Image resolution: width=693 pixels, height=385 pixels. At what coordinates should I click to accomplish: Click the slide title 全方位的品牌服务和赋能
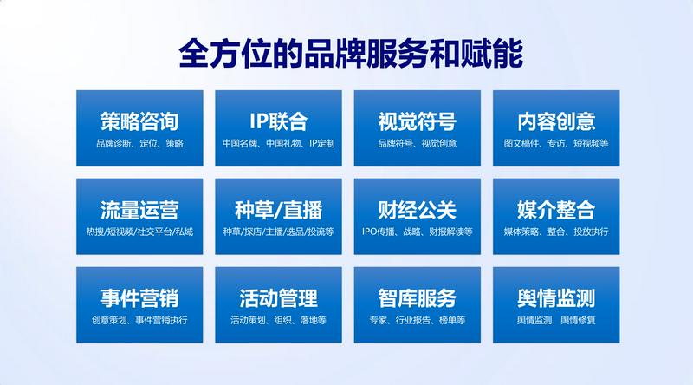point(351,54)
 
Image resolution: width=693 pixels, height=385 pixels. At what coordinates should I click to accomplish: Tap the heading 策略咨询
point(139,121)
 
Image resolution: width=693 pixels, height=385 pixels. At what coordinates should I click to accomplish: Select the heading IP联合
point(278,121)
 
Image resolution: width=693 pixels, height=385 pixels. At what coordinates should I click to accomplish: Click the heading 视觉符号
point(418,121)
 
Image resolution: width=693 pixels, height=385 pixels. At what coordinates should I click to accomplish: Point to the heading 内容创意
point(556,121)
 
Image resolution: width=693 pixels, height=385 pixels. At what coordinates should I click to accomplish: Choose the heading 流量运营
point(139,210)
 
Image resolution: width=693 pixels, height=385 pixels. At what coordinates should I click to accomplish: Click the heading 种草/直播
point(278,210)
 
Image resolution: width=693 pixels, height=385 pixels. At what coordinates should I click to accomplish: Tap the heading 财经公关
point(418,210)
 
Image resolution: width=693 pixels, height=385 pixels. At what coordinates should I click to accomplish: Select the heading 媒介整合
point(556,210)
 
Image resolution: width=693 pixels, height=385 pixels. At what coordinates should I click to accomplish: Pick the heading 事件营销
point(139,297)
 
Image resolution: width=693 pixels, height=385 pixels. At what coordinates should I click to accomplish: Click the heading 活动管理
point(278,297)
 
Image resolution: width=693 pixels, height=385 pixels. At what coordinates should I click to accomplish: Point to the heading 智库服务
point(418,297)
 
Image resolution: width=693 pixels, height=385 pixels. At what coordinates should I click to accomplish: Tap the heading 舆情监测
point(556,297)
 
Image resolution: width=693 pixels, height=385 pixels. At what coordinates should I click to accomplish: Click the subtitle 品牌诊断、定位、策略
point(139,143)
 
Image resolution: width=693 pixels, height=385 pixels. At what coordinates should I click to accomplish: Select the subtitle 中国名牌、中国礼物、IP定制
point(278,143)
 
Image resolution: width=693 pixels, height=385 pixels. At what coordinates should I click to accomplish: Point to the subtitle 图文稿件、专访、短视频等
point(556,143)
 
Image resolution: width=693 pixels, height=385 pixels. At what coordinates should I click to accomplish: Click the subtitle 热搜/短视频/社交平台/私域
point(139,232)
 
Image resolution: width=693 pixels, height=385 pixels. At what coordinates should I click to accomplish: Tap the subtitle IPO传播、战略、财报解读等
point(418,232)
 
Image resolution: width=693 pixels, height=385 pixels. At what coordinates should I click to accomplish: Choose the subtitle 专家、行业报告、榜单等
point(418,320)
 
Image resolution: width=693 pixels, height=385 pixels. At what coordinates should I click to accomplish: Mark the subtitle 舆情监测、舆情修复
point(556,320)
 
